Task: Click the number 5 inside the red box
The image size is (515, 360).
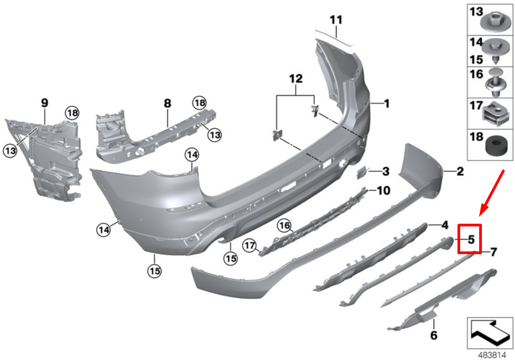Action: coord(471,239)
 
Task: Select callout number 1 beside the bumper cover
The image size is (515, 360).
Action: coord(387,103)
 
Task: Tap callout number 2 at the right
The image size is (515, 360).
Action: coord(459,173)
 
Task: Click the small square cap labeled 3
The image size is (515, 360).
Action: coord(360,172)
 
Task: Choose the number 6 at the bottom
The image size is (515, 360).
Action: coord(433,336)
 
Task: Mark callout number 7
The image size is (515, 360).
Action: coord(493,251)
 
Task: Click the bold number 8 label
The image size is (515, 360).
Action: coord(167,103)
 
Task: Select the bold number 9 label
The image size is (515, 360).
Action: coord(44,102)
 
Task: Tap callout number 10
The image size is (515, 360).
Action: coord(383,191)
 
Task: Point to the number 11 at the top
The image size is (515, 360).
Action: coord(336,20)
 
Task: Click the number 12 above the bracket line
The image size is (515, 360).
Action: coord(295,79)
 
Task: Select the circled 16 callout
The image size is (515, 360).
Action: coord(284,225)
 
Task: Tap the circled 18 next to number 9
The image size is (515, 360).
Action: coord(73,113)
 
